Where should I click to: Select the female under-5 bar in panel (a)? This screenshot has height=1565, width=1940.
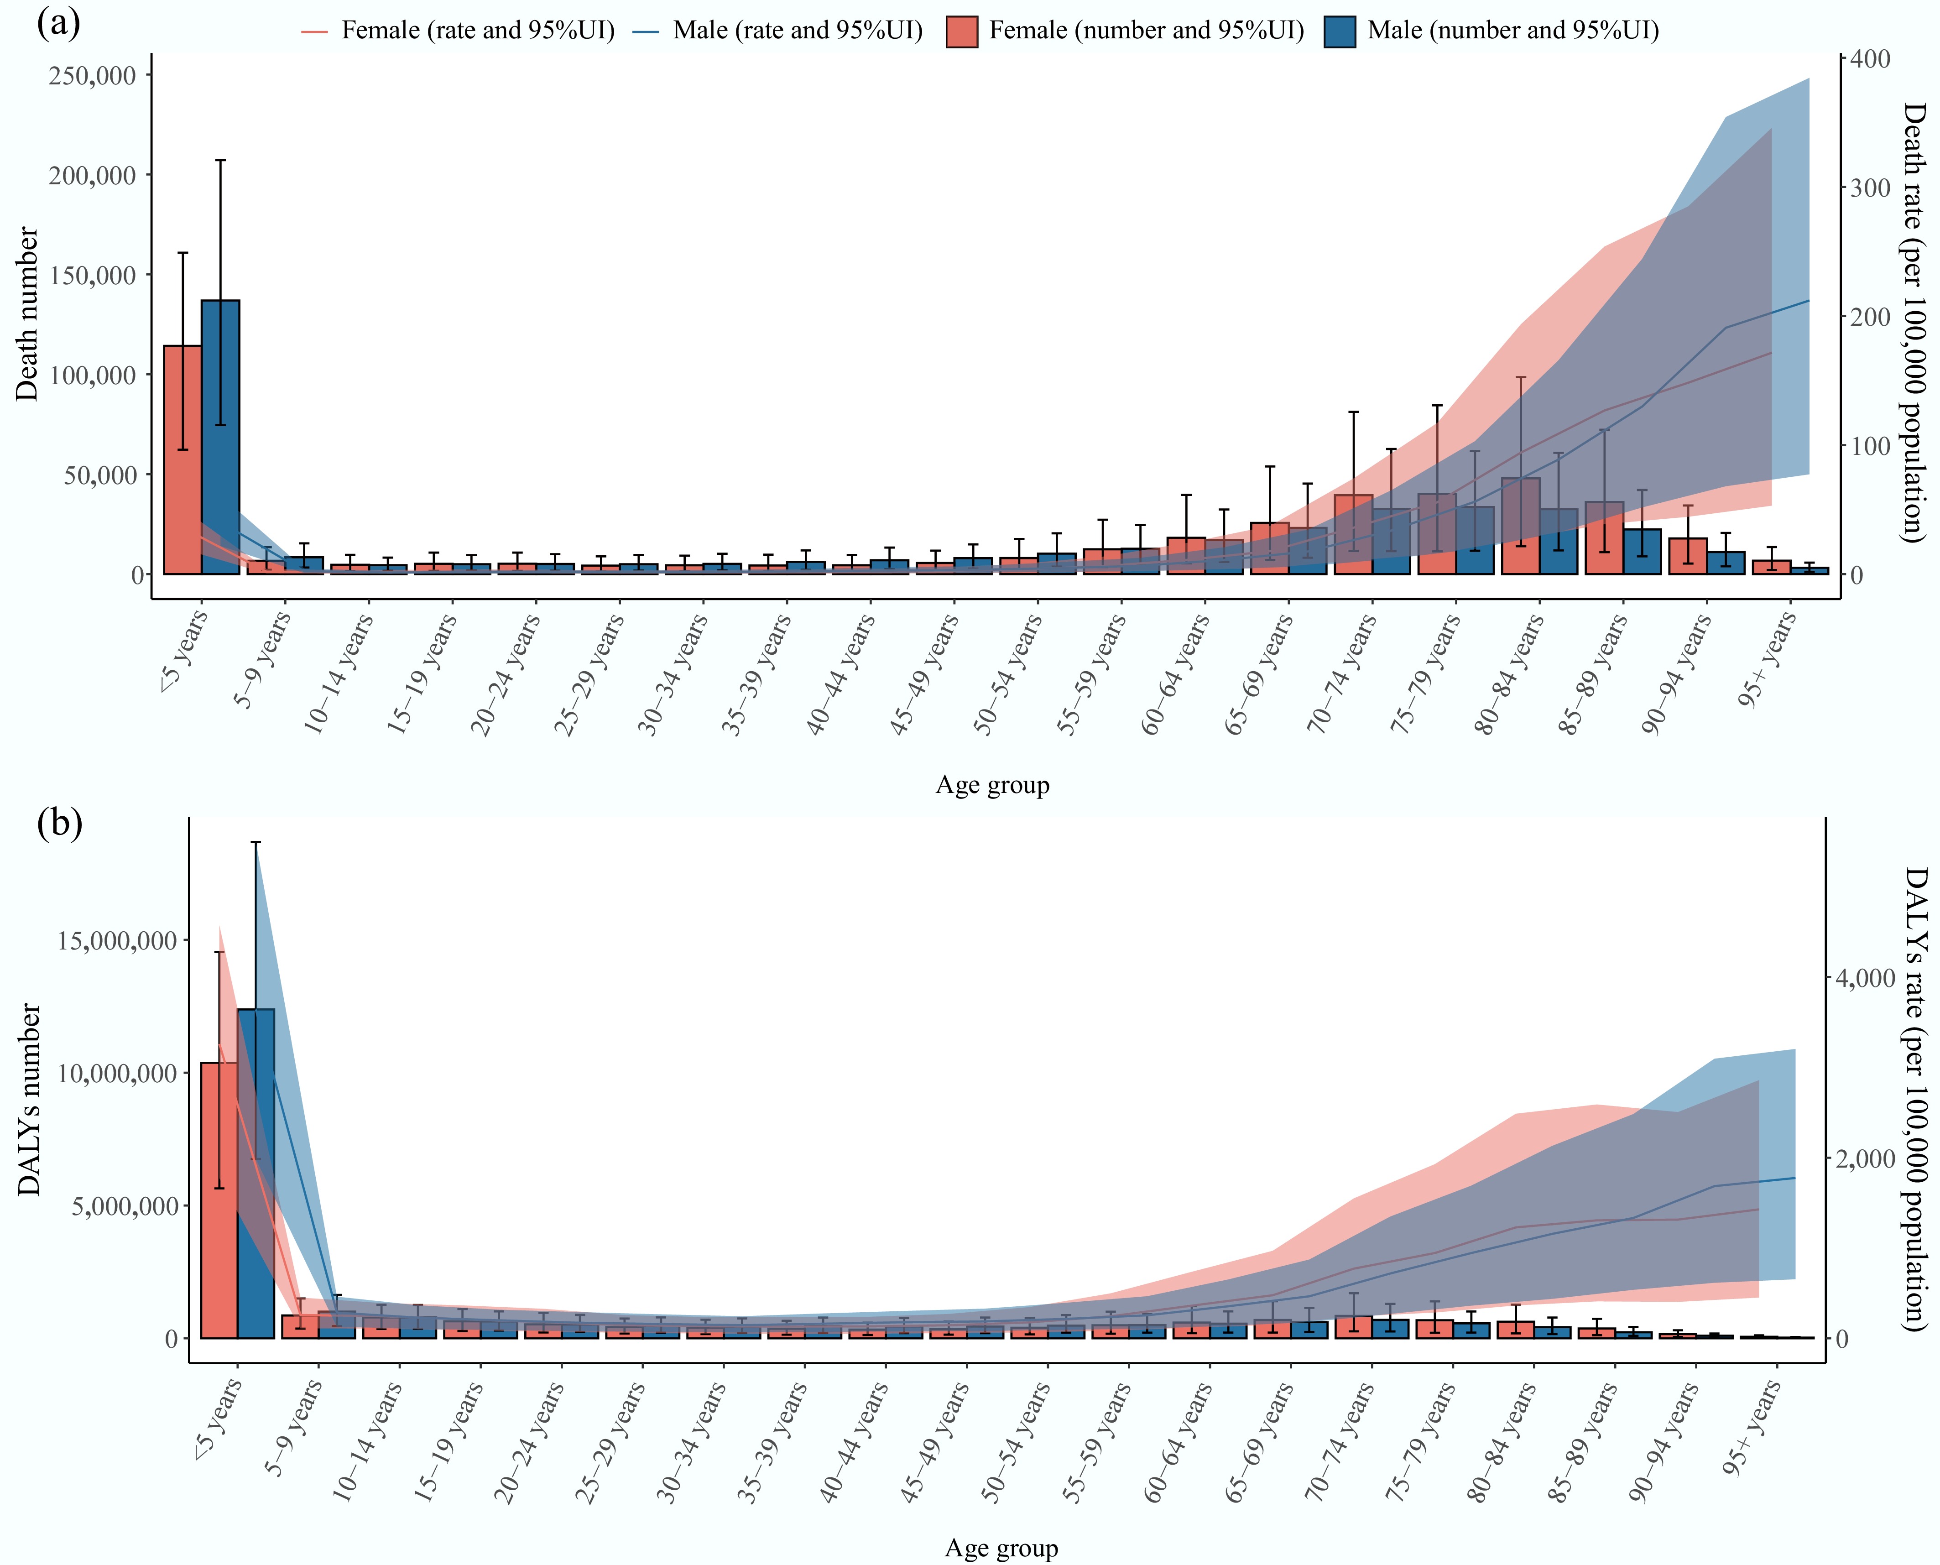pos(182,460)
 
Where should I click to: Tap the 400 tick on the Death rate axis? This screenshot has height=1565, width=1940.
pos(1871,58)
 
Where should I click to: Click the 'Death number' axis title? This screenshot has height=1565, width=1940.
pos(28,314)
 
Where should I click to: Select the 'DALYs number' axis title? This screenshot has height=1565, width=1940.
pos(30,1099)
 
